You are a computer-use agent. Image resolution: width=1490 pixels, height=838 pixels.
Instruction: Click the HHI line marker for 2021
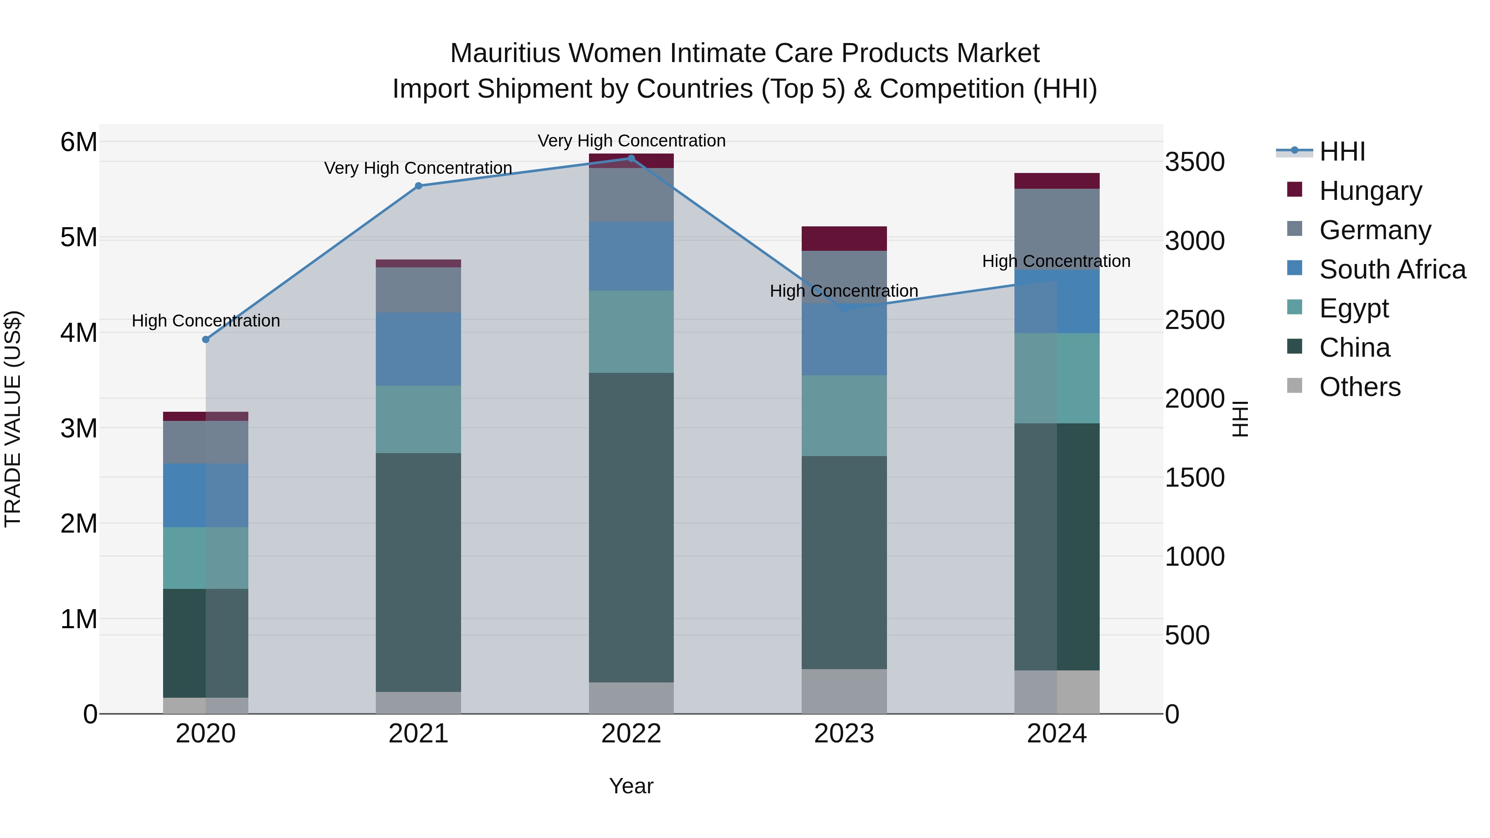coord(419,186)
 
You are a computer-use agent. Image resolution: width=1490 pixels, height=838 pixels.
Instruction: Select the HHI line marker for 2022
coord(631,158)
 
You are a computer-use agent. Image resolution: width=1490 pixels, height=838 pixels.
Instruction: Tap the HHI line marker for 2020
coord(206,339)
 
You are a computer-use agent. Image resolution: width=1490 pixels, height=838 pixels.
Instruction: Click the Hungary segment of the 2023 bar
coord(844,238)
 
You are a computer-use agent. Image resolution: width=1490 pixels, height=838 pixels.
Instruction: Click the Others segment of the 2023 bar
coord(844,691)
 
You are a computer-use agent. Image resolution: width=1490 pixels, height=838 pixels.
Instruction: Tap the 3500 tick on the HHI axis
coord(1194,162)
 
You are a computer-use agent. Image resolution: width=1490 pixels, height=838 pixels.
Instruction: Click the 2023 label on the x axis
coord(844,734)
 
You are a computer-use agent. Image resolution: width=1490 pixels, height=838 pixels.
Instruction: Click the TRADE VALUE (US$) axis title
coord(13,419)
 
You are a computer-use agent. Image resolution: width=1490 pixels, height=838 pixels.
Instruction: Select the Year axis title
coord(631,786)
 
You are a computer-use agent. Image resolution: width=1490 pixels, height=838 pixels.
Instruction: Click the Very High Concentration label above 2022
coord(631,141)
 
